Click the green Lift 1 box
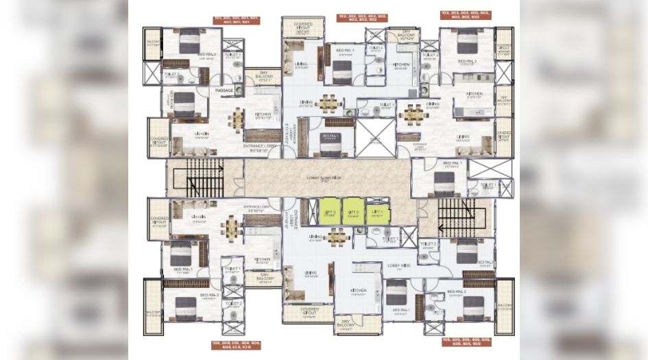pyautogui.click(x=376, y=213)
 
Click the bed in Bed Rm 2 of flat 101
pyautogui.click(x=189, y=43)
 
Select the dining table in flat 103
pyautogui.click(x=413, y=112)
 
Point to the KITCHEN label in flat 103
pyautogui.click(x=474, y=93)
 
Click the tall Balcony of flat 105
pyautogui.click(x=504, y=305)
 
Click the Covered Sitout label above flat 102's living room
pyautogui.click(x=302, y=26)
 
